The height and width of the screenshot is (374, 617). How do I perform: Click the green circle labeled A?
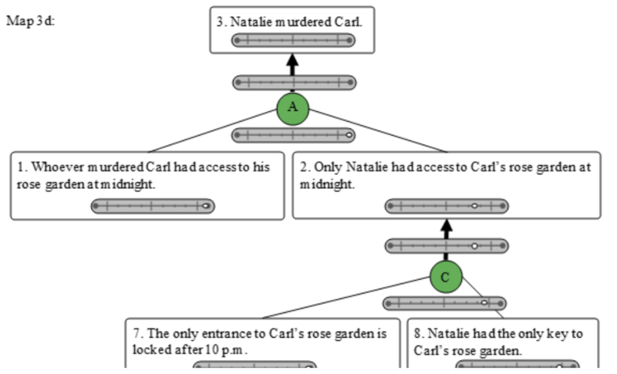(x=293, y=109)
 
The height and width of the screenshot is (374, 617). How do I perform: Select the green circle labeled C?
(x=446, y=277)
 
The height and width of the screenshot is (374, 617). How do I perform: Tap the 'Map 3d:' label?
(x=30, y=21)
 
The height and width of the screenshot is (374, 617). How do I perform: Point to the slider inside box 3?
(x=293, y=40)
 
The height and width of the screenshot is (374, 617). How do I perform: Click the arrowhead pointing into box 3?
(x=292, y=60)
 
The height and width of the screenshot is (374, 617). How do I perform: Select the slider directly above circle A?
(x=295, y=83)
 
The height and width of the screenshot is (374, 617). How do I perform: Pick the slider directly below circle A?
(x=293, y=135)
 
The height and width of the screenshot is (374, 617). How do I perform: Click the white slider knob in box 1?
(x=205, y=206)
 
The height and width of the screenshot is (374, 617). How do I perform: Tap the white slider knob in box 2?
(x=474, y=206)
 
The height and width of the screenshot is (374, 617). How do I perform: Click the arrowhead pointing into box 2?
(x=446, y=225)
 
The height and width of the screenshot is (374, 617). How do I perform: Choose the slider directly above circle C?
(x=447, y=246)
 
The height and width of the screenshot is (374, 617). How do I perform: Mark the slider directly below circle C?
(x=445, y=303)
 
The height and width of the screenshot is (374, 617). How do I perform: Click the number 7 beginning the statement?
(x=137, y=333)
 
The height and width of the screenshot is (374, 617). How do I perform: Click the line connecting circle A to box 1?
(x=213, y=131)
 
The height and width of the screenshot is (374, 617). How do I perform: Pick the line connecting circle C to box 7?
(x=346, y=298)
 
